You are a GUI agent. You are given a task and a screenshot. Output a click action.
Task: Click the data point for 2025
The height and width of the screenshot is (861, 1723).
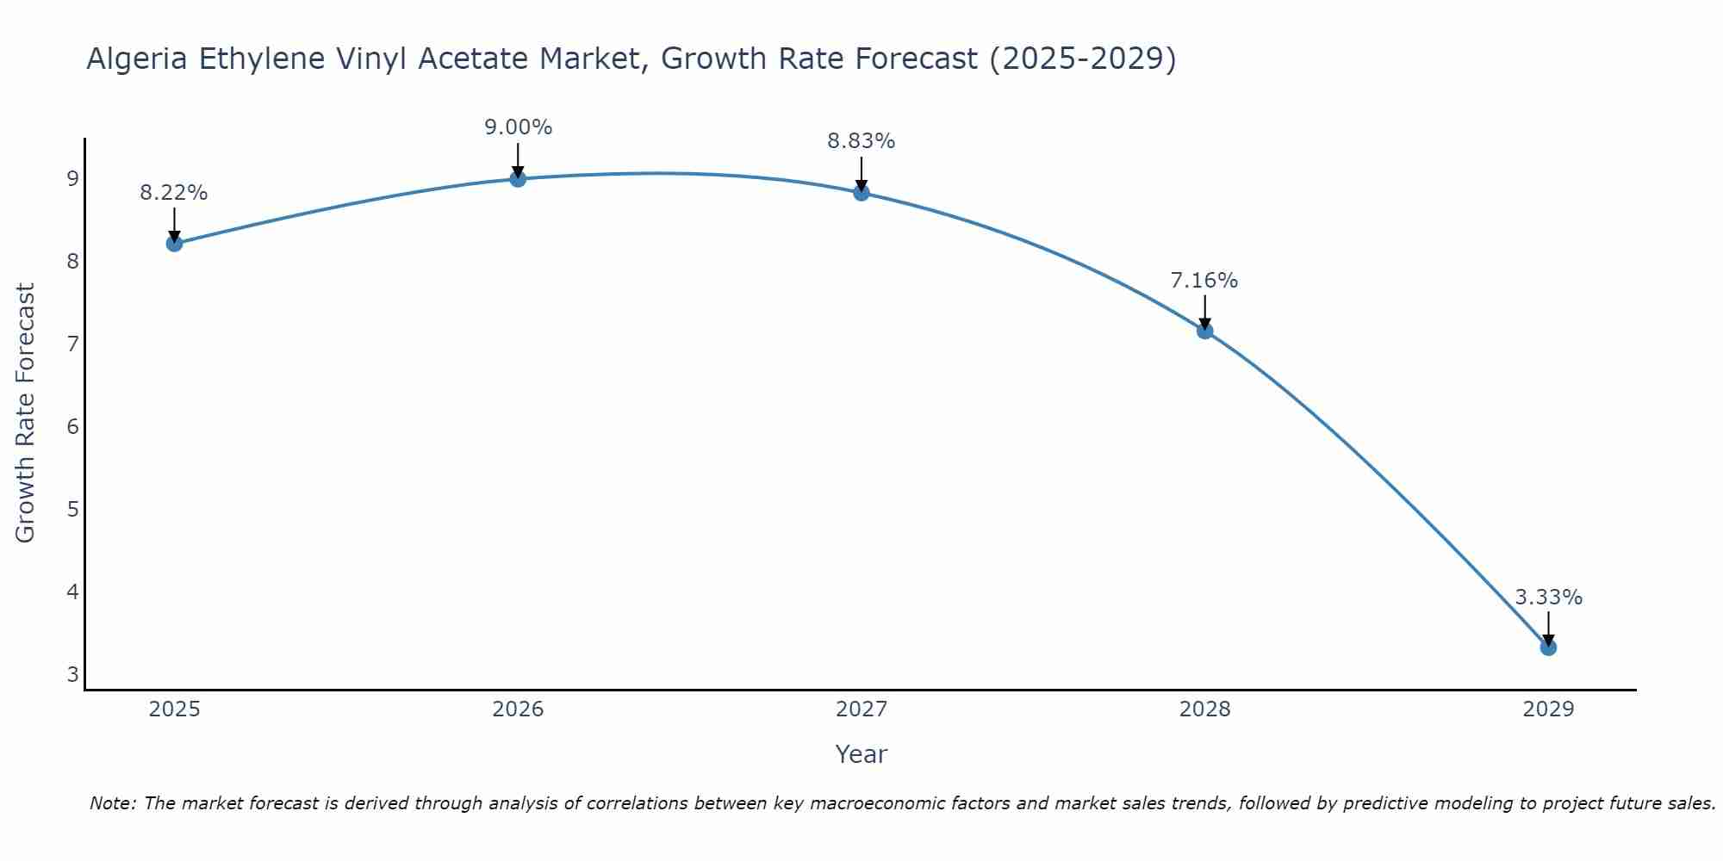pyautogui.click(x=174, y=244)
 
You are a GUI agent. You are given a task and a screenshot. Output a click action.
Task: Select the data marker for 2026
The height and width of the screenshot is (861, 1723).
pyautogui.click(x=518, y=179)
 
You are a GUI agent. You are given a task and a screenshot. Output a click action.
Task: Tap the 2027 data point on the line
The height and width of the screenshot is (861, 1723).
pyautogui.click(x=861, y=193)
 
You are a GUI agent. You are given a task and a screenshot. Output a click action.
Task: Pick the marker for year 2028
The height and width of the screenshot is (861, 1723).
pyautogui.click(x=1205, y=331)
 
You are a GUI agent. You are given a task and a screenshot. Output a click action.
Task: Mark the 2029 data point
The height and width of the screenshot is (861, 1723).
pyautogui.click(x=1548, y=647)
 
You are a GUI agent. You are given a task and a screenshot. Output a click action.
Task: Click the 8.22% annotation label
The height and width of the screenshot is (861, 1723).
pyautogui.click(x=174, y=193)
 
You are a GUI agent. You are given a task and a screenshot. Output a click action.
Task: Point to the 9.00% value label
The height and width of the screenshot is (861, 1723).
pyautogui.click(x=518, y=127)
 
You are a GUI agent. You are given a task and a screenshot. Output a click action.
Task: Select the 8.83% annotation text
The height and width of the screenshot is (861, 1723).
pyautogui.click(x=861, y=141)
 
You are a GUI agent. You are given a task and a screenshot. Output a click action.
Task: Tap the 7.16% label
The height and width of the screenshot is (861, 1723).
pyautogui.click(x=1204, y=281)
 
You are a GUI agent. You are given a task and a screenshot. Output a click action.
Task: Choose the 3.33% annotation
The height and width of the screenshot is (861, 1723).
pyautogui.click(x=1548, y=598)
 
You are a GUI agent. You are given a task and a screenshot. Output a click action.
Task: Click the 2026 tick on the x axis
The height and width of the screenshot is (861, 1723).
pyautogui.click(x=518, y=709)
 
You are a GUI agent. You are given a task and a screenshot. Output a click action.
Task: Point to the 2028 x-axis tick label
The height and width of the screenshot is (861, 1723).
pyautogui.click(x=1205, y=709)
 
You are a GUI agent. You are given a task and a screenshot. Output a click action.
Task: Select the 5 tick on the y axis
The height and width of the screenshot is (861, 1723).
pyautogui.click(x=72, y=509)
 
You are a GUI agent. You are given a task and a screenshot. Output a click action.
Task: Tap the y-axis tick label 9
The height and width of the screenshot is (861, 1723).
pyautogui.click(x=72, y=179)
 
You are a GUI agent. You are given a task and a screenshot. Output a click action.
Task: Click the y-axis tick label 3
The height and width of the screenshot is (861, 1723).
pyautogui.click(x=72, y=674)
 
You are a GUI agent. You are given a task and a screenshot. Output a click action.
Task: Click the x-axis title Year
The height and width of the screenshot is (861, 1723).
pyautogui.click(x=861, y=754)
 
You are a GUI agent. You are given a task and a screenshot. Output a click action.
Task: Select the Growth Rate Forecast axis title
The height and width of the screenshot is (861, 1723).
pyautogui.click(x=26, y=413)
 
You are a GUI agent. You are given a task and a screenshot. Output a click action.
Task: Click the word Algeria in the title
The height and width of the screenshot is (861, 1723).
pyautogui.click(x=138, y=59)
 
